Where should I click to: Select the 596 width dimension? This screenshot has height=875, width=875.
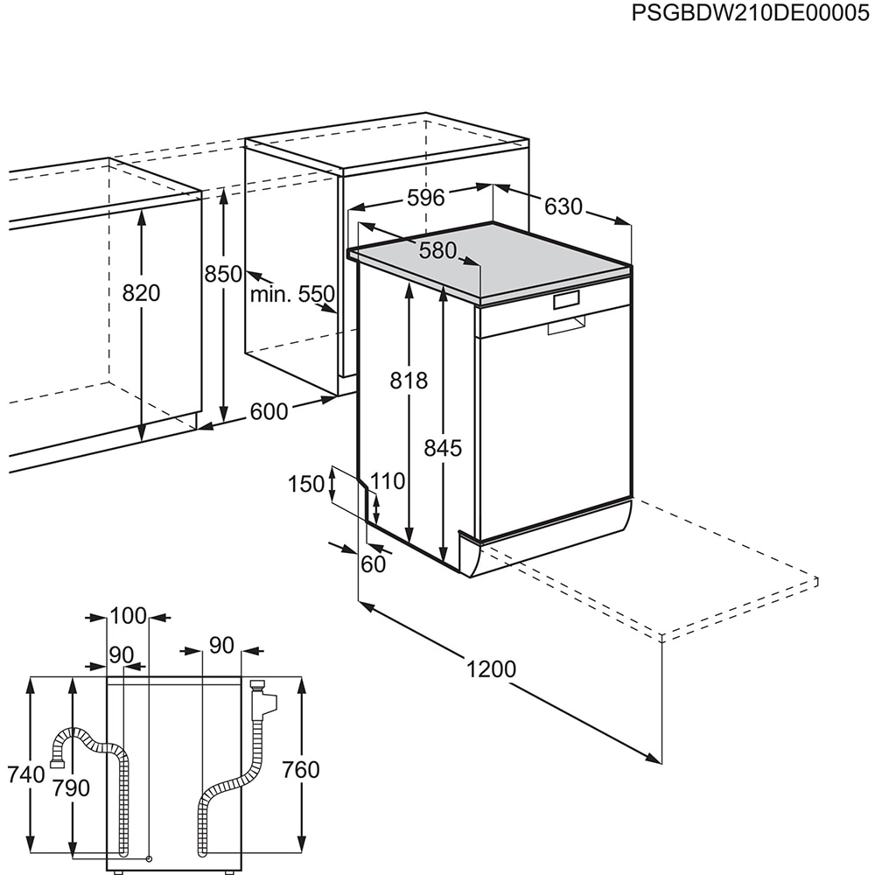click(x=426, y=198)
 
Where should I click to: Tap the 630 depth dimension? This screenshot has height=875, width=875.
click(x=563, y=207)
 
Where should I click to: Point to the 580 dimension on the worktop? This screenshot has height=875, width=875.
click(x=437, y=251)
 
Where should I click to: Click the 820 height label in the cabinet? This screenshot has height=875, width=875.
click(x=141, y=293)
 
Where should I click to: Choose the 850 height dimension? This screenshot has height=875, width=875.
click(x=223, y=274)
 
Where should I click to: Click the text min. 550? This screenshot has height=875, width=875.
click(x=292, y=294)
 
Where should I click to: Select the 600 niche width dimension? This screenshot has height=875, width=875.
click(x=269, y=410)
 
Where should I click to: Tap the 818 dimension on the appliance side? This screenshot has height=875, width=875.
click(x=409, y=381)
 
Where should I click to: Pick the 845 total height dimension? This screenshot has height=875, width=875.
click(x=443, y=448)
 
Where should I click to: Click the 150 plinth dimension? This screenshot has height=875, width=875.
click(x=306, y=483)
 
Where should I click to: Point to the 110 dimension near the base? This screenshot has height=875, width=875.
click(x=388, y=480)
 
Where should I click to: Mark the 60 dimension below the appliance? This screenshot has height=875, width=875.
click(x=373, y=564)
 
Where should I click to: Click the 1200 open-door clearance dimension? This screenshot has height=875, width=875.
click(x=491, y=669)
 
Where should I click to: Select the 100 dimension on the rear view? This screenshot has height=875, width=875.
click(x=129, y=616)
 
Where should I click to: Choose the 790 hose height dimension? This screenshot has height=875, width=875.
click(x=71, y=787)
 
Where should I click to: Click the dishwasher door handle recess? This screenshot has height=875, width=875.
click(x=566, y=326)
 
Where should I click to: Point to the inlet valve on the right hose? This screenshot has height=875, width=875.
click(x=260, y=699)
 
